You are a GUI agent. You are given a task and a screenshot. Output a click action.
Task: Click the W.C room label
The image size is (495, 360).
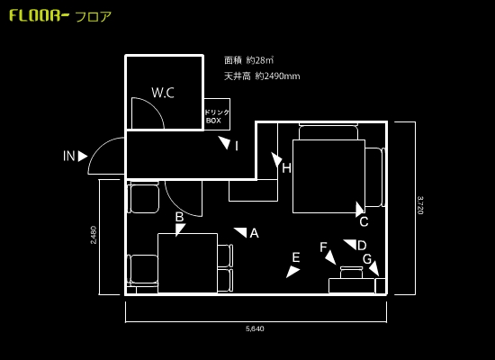pyautogui.click(x=163, y=93)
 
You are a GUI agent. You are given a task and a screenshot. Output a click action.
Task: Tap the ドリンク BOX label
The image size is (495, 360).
pyautogui.click(x=217, y=116)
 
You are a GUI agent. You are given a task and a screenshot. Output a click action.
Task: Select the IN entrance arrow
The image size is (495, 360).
pyautogui.click(x=83, y=156)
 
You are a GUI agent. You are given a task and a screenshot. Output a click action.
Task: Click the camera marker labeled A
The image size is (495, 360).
pyautogui.click(x=240, y=232)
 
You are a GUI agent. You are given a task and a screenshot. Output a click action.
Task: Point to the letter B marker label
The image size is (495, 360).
pyautogui.click(x=180, y=217)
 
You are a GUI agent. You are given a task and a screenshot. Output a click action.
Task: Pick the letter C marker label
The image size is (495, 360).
pyautogui.click(x=364, y=221)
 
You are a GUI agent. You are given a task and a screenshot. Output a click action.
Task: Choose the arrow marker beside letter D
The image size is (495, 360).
pyautogui.click(x=350, y=245)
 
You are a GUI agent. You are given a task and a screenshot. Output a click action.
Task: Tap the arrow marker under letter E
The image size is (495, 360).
pyautogui.click(x=292, y=272)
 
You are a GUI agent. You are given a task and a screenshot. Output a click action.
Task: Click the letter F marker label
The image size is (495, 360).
pyautogui.click(x=323, y=247)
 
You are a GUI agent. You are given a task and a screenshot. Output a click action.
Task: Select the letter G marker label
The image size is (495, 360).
pyautogui.click(x=367, y=259)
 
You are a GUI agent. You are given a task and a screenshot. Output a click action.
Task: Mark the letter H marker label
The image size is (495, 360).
pyautogui.click(x=286, y=168)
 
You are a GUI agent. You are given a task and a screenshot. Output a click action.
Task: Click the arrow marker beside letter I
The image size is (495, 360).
pyautogui.click(x=225, y=143)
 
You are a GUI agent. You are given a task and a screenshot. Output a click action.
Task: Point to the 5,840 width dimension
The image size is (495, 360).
pyautogui.click(x=255, y=328)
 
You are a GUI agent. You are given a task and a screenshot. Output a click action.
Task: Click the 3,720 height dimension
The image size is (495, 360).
pyautogui.click(x=420, y=205)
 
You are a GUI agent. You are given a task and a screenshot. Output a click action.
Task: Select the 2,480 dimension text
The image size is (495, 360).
pyautogui.click(x=94, y=235)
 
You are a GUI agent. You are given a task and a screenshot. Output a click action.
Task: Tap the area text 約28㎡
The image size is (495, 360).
pyautogui.click(x=260, y=60)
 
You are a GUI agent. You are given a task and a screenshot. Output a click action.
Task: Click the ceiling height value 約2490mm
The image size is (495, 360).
pyautogui.click(x=277, y=76)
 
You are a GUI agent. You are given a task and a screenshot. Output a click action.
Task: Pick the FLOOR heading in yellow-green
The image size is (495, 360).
pyautogui.click(x=39, y=15)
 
